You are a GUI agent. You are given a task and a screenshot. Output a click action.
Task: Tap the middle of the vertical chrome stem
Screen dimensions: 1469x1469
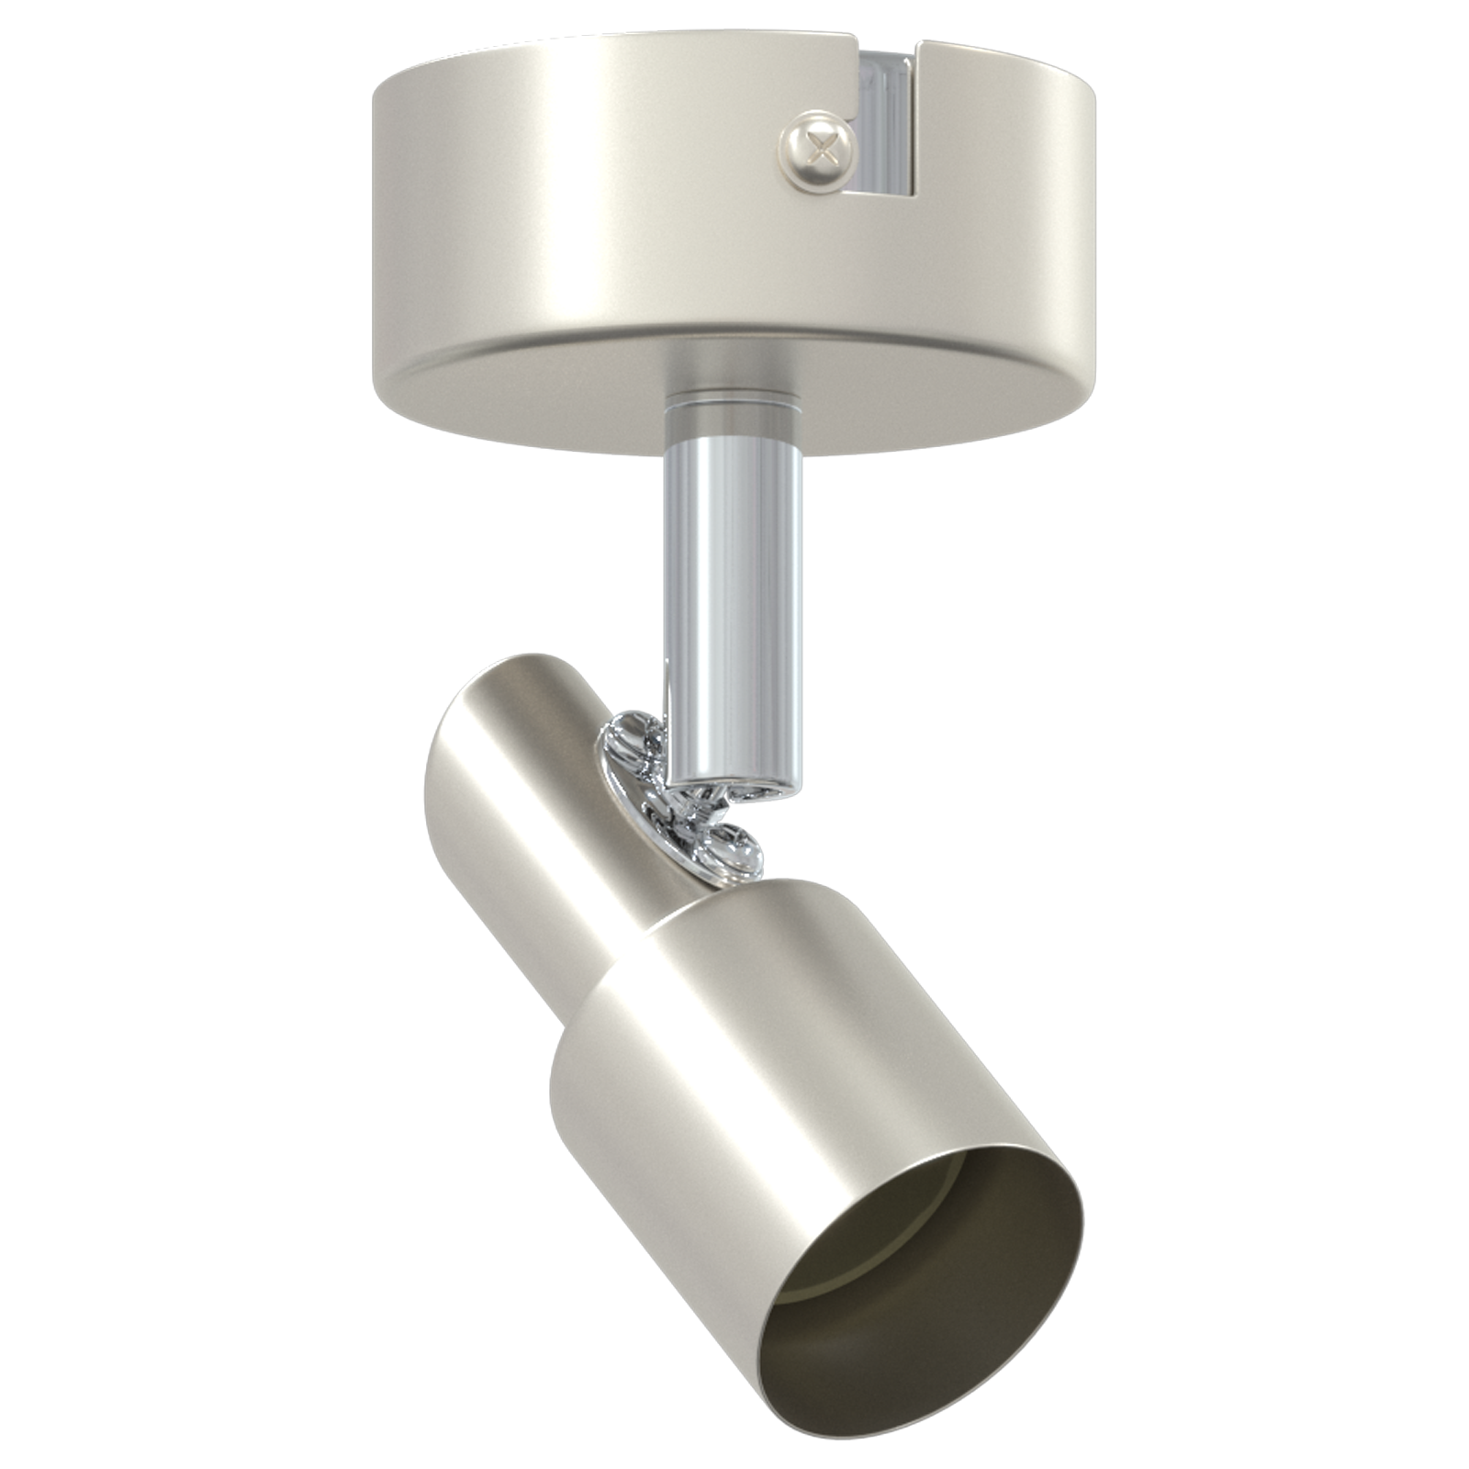[734, 588]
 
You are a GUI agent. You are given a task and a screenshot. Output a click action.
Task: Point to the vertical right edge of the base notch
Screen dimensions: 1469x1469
[922, 119]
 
